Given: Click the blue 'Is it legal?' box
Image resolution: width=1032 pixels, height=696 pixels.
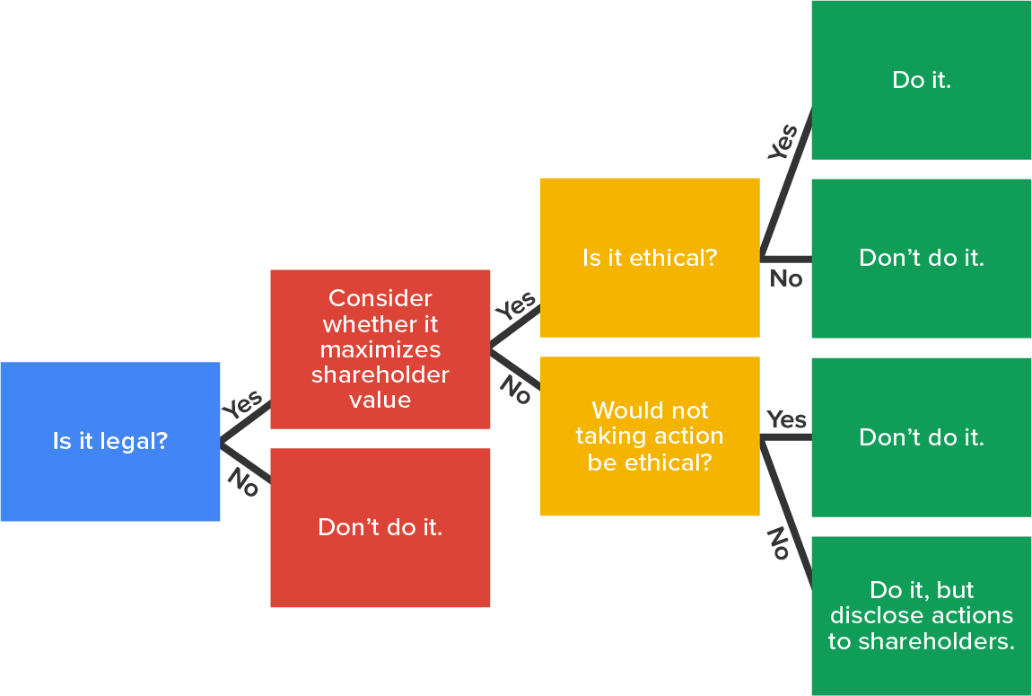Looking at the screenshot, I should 109,441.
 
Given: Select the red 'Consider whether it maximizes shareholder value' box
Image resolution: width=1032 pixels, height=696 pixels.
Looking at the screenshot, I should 380,348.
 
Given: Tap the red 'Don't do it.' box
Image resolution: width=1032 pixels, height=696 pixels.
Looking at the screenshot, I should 380,527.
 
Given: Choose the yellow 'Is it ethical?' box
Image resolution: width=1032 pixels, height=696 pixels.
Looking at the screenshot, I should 650,258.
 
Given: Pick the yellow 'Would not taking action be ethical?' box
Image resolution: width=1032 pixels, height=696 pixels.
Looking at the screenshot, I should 650,436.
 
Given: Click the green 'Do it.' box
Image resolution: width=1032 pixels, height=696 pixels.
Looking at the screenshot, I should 922,80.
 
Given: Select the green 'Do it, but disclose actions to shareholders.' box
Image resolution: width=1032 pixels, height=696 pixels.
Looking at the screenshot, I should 922,616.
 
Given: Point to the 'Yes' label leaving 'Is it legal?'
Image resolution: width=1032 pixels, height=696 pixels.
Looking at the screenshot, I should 242,404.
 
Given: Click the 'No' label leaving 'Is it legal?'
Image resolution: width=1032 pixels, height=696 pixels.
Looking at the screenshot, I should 242,482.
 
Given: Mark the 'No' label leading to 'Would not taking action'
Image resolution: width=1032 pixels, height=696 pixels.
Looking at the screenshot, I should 515,388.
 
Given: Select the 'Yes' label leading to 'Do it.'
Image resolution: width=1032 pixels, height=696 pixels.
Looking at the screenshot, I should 783,143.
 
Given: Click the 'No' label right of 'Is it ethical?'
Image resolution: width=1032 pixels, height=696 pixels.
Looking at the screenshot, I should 786,279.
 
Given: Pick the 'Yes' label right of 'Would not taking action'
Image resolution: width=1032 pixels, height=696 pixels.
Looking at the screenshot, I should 787,419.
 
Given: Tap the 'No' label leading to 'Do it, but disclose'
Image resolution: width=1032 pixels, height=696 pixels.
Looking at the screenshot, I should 778,543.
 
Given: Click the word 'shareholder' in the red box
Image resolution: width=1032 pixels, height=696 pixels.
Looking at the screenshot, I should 380,374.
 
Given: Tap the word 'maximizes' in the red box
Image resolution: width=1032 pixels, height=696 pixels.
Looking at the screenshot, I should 380,349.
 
